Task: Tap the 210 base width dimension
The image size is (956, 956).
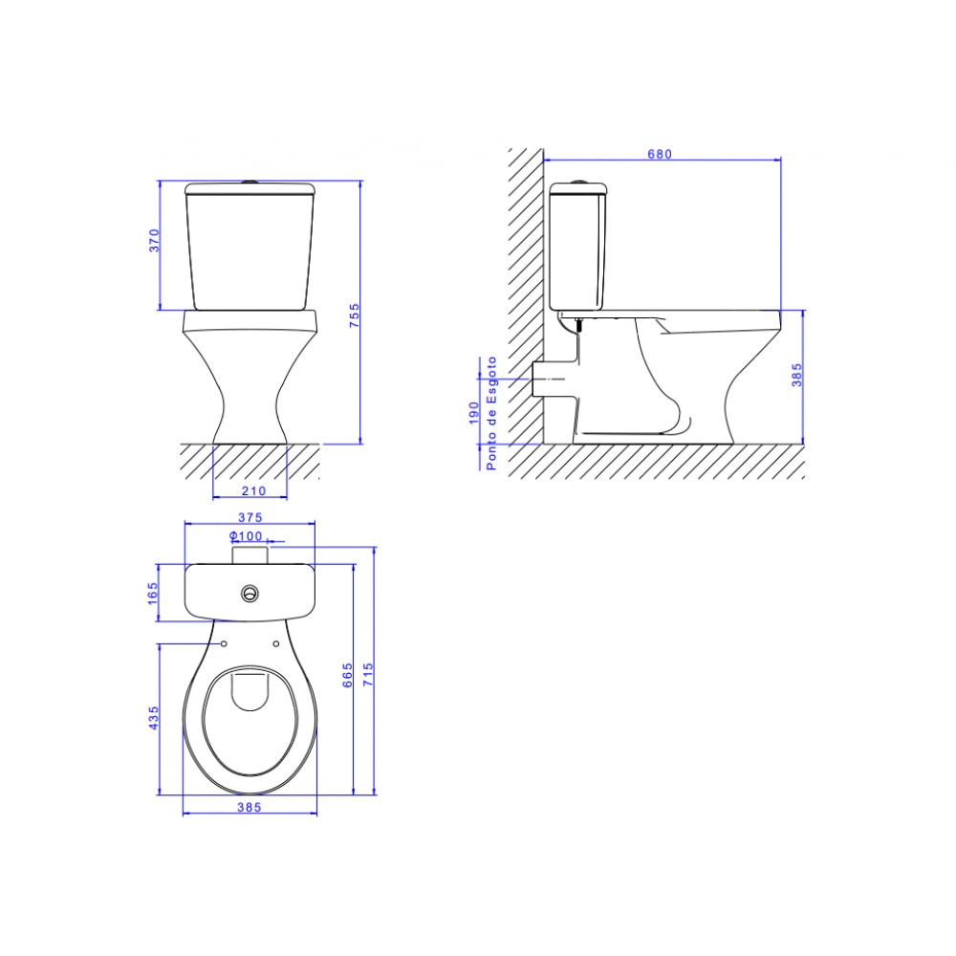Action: click(x=251, y=490)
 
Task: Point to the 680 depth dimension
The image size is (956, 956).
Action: click(x=661, y=153)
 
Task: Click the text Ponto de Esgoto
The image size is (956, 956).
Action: click(x=491, y=412)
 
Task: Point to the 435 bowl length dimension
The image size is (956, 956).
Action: click(x=153, y=719)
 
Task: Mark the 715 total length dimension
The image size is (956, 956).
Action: click(x=368, y=675)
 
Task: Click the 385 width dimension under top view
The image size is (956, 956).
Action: click(x=249, y=807)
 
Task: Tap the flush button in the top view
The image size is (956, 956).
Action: click(x=250, y=593)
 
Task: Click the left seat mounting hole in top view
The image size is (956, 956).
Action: click(x=224, y=643)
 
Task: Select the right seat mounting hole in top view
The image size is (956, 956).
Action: click(x=276, y=643)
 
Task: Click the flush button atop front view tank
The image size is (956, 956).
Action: click(x=250, y=180)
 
